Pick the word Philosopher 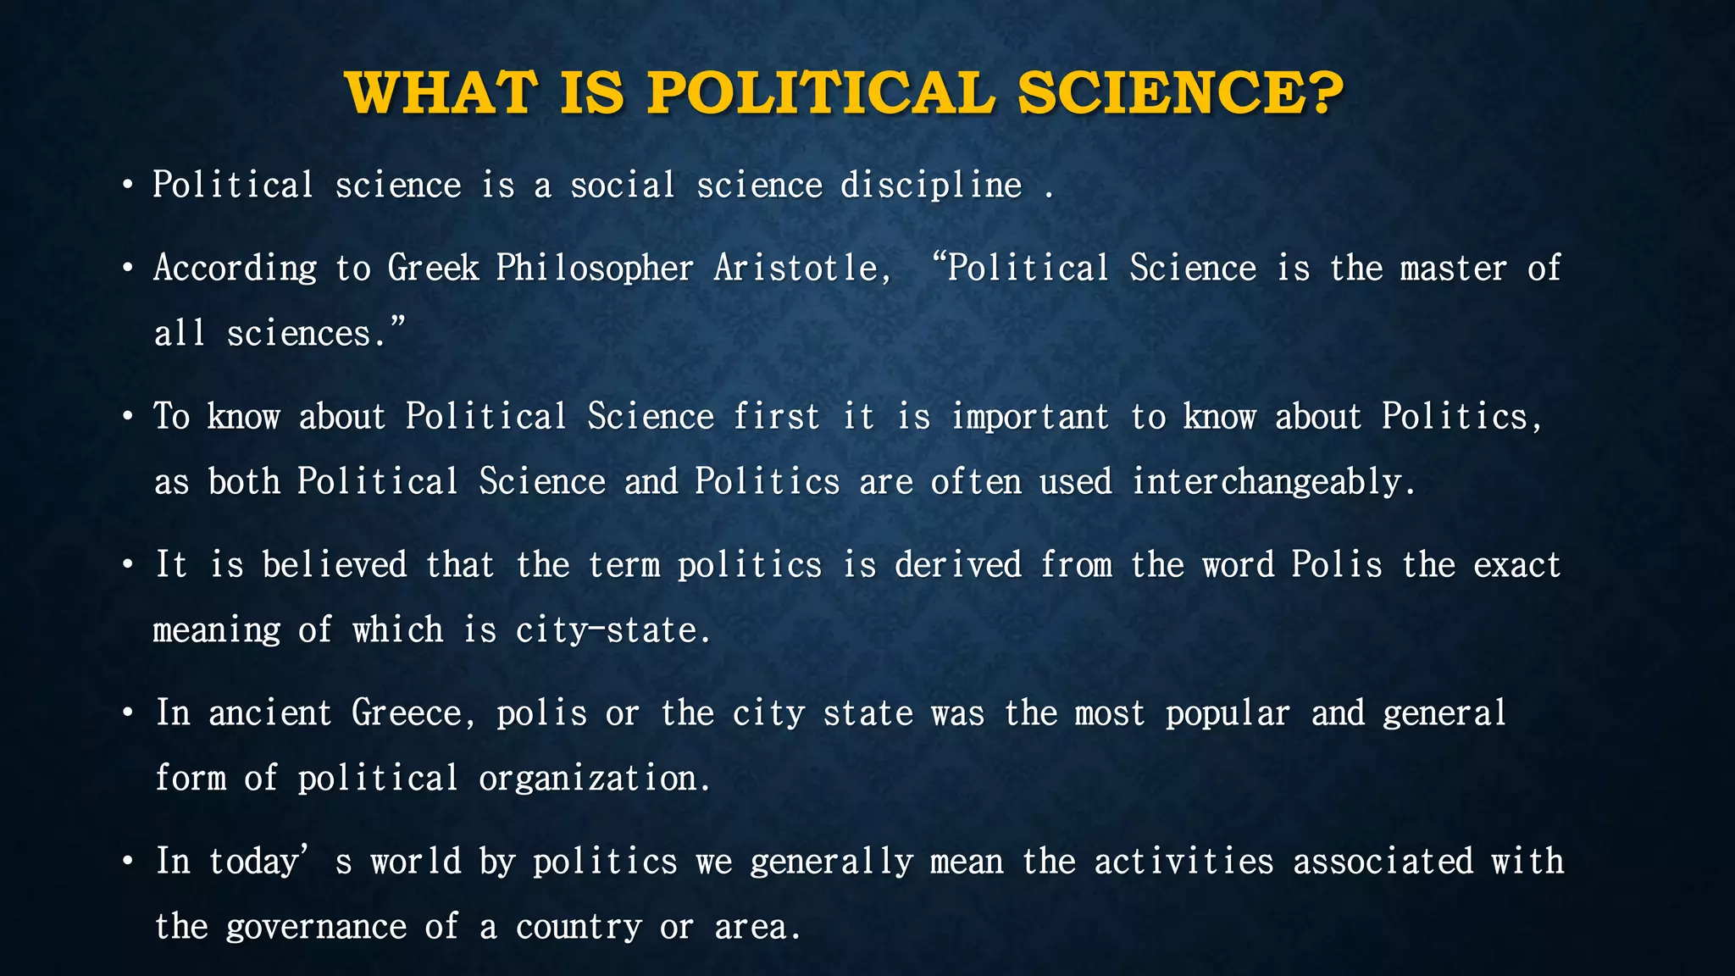pos(595,269)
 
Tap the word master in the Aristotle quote pos(1453,269)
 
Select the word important pos(1029,417)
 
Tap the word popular pos(1228,713)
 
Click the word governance pos(316,927)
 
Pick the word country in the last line pos(579,927)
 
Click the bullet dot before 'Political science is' pos(127,186)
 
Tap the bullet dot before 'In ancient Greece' pos(127,713)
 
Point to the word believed pos(335,565)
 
